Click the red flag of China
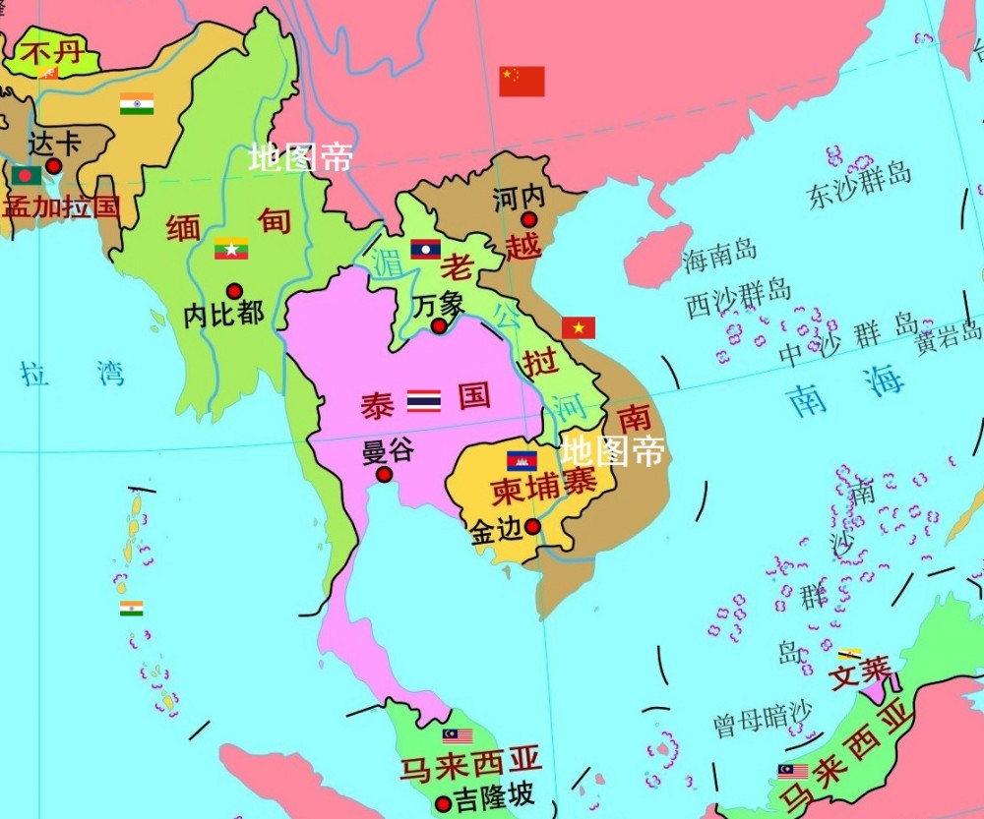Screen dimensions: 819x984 tap(522, 82)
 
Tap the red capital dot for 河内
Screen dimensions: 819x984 tap(529, 220)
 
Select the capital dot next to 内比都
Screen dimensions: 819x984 tap(234, 291)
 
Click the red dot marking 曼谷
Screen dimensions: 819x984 tap(385, 474)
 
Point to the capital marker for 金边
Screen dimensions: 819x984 tap(532, 527)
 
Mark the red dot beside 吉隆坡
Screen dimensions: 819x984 tap(443, 802)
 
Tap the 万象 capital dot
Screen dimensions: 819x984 tap(439, 325)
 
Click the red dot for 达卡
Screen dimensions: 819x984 tap(54, 166)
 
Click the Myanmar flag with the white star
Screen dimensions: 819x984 tap(231, 249)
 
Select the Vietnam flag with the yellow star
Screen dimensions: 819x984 tap(579, 327)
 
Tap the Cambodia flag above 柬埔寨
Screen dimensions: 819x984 tap(522, 460)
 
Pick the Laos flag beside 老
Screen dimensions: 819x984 tap(425, 249)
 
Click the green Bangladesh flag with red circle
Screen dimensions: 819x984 tap(27, 176)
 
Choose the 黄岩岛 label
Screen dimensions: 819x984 tap(949, 339)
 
